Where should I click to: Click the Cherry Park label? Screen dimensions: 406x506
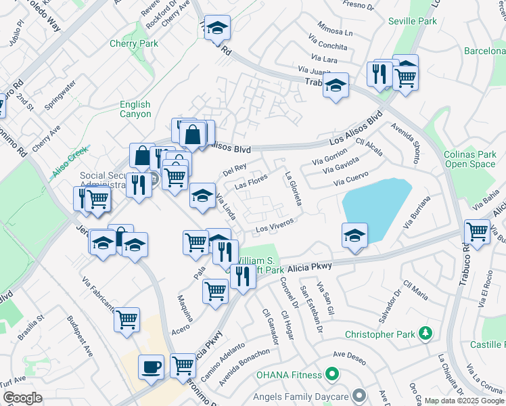click(133, 44)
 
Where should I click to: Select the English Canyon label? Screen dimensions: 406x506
click(135, 109)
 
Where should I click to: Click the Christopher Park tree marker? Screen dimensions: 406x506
click(425, 334)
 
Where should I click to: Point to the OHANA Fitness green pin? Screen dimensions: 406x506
click(331, 374)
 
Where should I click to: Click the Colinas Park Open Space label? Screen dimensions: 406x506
click(469, 159)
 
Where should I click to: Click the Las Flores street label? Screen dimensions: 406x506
click(251, 182)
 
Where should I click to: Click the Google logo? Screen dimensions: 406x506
click(22, 397)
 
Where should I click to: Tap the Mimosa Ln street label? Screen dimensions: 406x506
click(335, 32)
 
